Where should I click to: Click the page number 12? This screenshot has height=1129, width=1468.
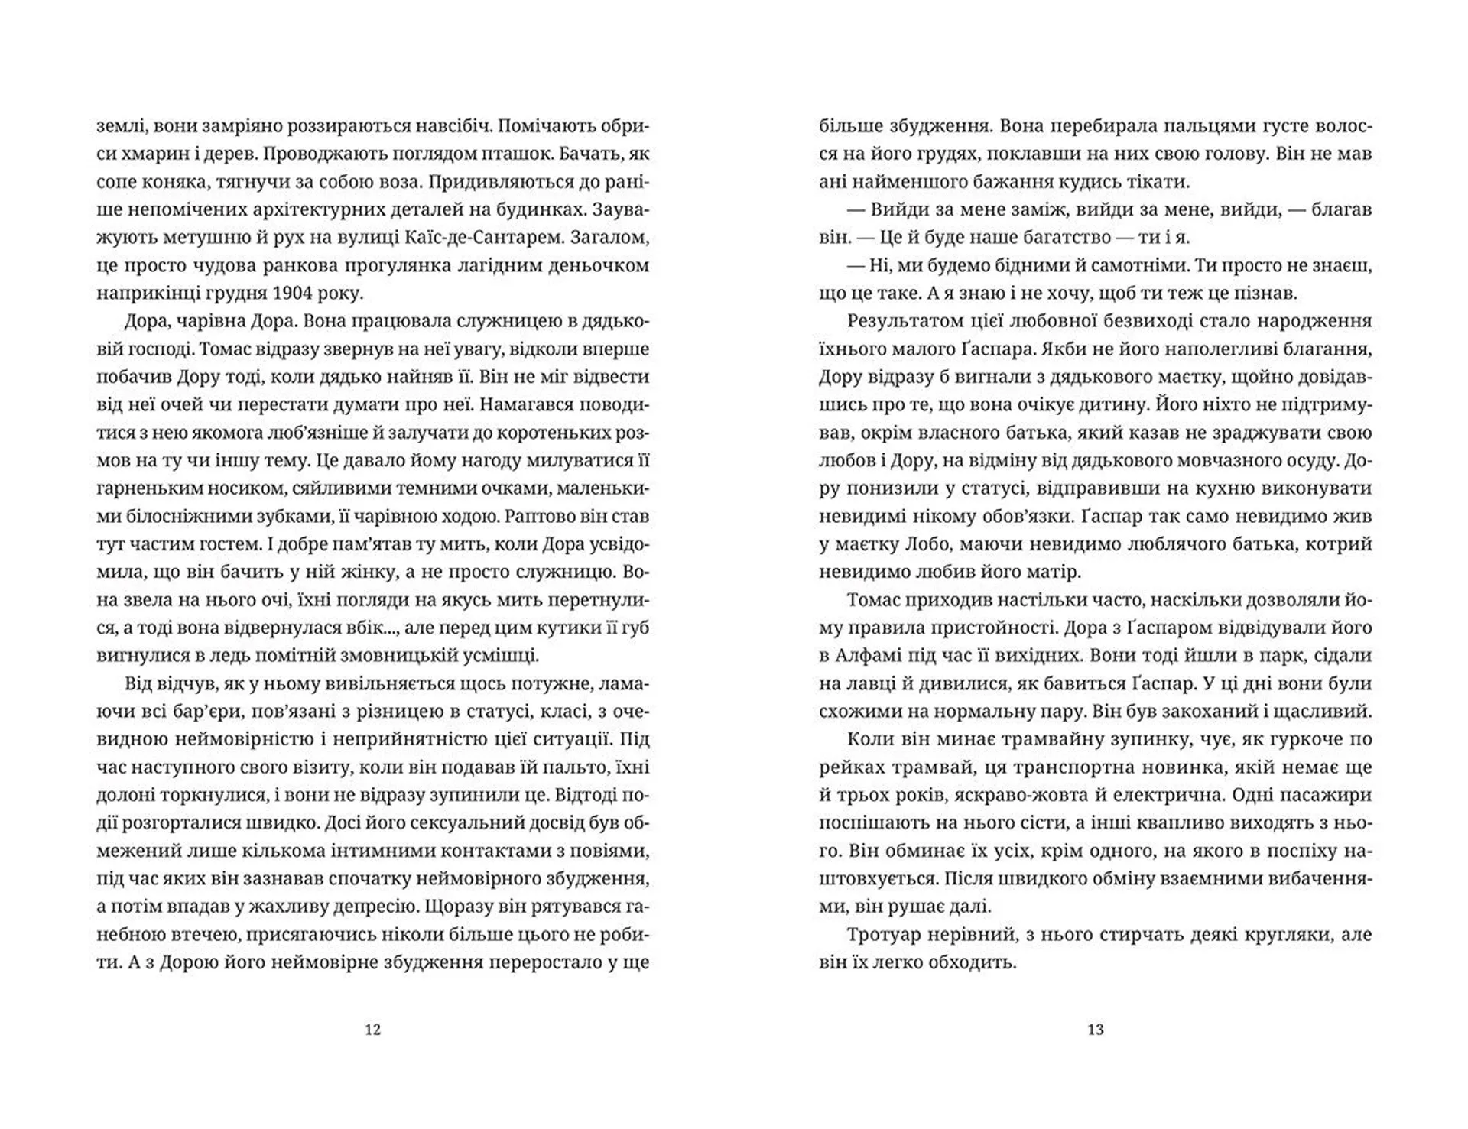tap(372, 1030)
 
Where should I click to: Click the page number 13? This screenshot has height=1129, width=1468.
tap(1095, 1030)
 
